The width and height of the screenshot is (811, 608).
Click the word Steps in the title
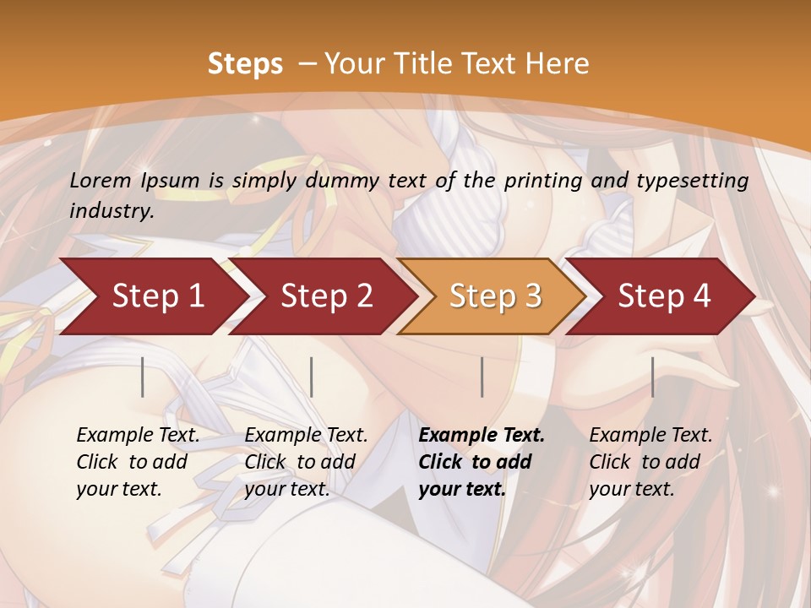(245, 64)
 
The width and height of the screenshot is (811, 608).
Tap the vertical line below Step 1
(143, 377)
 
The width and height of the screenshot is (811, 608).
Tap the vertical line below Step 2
(312, 377)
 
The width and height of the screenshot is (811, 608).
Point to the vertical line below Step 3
(482, 377)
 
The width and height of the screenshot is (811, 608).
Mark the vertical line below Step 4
(652, 377)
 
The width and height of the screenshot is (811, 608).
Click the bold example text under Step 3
(481, 462)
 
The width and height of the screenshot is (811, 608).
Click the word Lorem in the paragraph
(101, 181)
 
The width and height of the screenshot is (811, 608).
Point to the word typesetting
(689, 181)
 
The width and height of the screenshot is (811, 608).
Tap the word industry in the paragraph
(111, 211)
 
